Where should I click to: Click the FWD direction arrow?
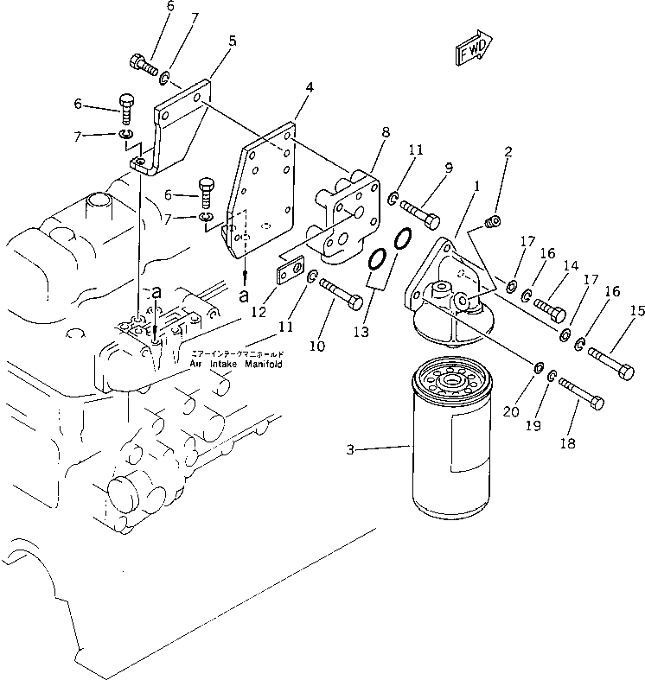tap(473, 49)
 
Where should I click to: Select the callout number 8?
tap(385, 133)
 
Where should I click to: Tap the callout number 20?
tap(511, 412)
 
